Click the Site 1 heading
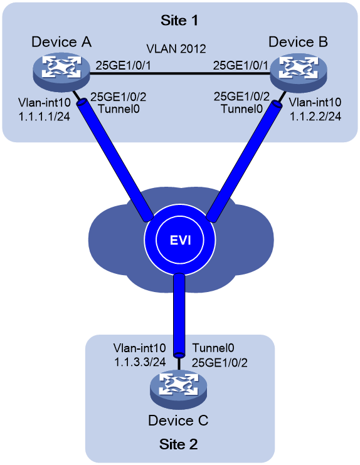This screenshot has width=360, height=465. point(179,21)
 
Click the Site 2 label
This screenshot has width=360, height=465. point(178,444)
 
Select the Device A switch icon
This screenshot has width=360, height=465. point(61,72)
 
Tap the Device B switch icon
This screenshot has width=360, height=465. point(298,72)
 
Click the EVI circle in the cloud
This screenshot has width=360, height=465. point(180,239)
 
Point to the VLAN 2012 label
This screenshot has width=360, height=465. point(176,49)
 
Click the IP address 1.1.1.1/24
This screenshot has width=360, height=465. point(45,117)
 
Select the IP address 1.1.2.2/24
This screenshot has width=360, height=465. point(315,117)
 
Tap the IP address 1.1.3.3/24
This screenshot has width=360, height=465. point(140,362)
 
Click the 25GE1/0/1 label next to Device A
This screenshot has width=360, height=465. point(123,66)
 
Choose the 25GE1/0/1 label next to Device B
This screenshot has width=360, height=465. point(240,66)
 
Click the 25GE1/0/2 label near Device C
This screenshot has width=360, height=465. point(220,362)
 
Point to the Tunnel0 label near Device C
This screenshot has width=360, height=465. point(213,348)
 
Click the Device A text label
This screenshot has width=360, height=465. point(61,42)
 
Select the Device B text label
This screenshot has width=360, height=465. point(298,42)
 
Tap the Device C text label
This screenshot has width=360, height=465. point(178,421)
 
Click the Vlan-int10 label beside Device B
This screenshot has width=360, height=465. point(315,102)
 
